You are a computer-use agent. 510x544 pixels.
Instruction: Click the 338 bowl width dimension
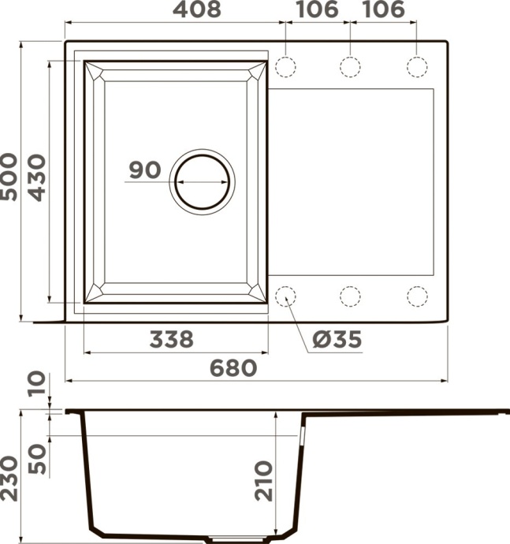(170, 340)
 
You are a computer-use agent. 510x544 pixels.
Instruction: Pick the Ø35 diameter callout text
(337, 340)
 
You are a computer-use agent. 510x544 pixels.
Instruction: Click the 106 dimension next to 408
(316, 10)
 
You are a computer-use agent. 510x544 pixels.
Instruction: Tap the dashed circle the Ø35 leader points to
(285, 296)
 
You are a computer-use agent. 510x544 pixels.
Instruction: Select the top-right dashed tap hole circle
(416, 66)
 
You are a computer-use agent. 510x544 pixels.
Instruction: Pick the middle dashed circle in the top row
(350, 66)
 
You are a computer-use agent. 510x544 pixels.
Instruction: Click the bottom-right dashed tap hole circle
(416, 296)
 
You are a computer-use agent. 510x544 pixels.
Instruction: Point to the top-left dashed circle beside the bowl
(285, 66)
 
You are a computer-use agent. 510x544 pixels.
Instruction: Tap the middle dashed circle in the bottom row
(350, 296)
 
